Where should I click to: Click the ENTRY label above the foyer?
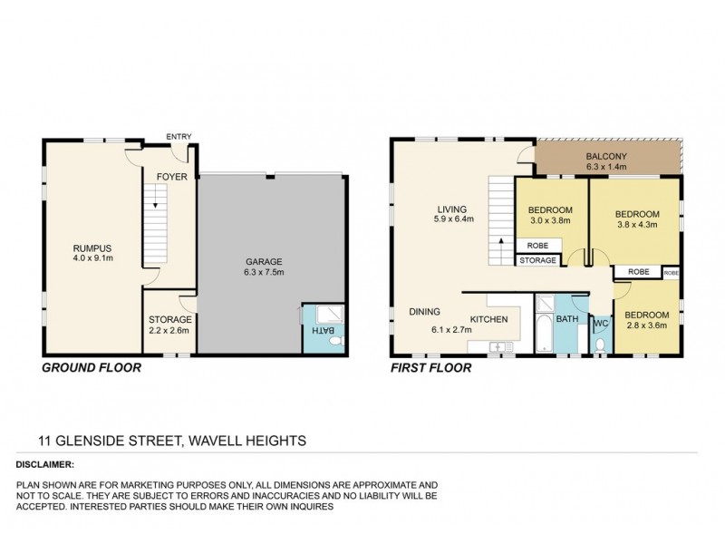tap(179, 138)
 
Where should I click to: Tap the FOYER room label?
tap(172, 177)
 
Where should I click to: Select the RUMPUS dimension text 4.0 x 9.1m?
tap(92, 257)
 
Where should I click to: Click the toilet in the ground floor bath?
tap(333, 344)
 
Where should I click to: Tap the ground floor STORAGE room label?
tap(169, 319)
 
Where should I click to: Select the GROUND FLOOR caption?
tap(90, 370)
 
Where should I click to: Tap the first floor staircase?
tap(501, 218)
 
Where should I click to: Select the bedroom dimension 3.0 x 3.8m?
tap(551, 219)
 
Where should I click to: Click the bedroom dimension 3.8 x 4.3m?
tap(633, 226)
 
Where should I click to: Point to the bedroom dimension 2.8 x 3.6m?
tap(643, 325)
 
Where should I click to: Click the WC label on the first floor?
tap(599, 321)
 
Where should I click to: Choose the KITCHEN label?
tap(488, 319)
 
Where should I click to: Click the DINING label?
tap(424, 311)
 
